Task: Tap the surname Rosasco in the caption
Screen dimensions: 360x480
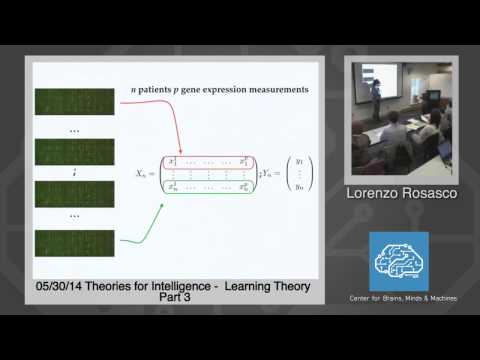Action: [x=424, y=193]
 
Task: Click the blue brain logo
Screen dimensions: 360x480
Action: [x=399, y=261]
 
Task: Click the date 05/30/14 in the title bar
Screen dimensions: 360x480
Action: [x=60, y=287]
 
